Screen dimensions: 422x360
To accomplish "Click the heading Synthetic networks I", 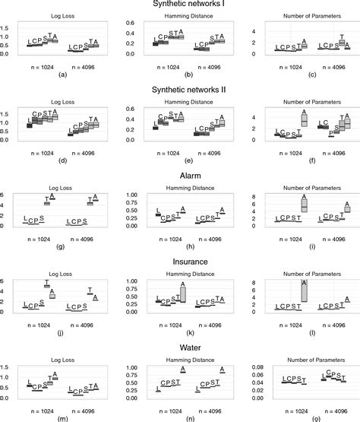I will point(179,5).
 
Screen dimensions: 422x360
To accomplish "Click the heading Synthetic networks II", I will point(179,92).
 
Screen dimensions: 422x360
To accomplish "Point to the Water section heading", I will point(179,349).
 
